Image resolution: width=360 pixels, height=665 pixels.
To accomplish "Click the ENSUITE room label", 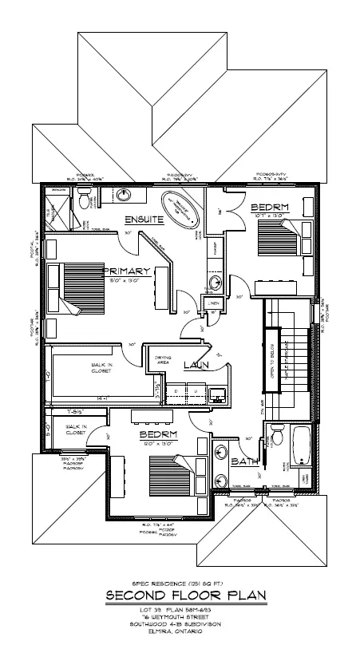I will (144, 218).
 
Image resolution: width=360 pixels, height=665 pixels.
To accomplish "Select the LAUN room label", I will (196, 365).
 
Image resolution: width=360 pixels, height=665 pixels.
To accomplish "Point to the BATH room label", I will (243, 462).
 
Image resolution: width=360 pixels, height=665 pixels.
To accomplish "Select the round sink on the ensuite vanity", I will (125, 195).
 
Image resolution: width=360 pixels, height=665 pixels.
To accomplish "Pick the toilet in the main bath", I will (276, 437).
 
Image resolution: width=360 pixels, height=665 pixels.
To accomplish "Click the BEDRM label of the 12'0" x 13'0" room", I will (157, 435).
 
